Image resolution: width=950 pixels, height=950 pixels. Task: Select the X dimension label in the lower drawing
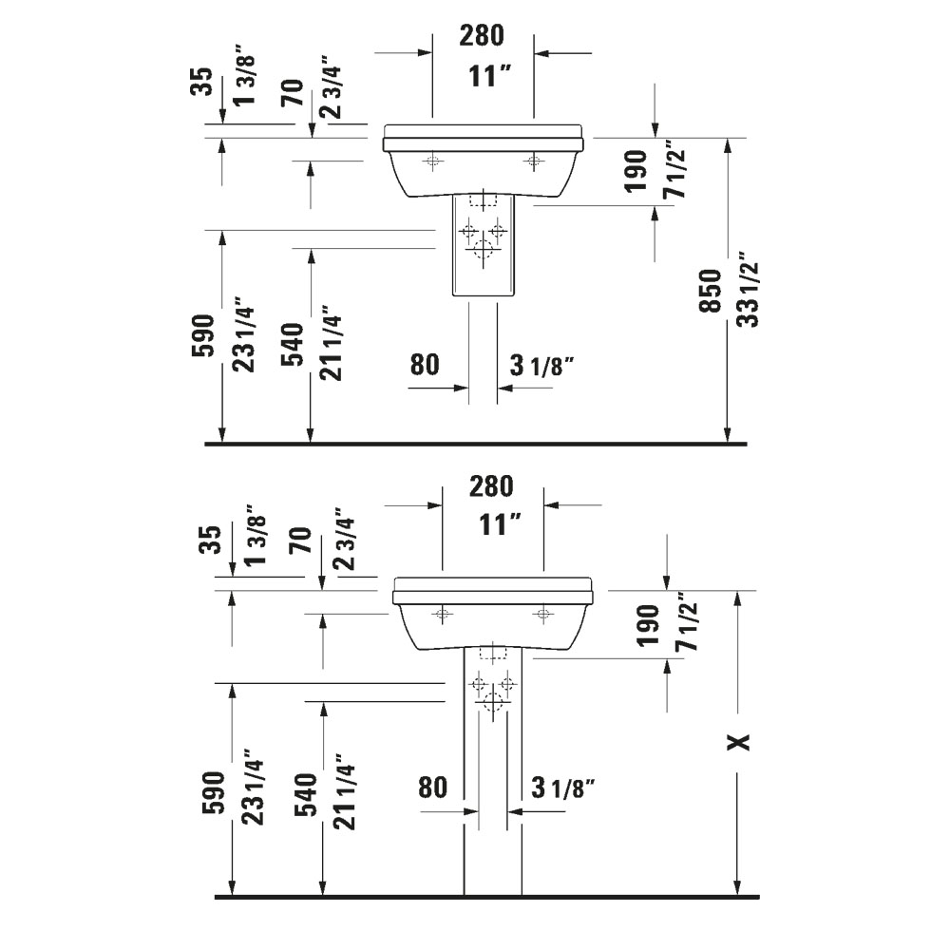(x=738, y=741)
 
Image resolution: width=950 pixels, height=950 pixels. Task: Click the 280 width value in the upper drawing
(x=482, y=37)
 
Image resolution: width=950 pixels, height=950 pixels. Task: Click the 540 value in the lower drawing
(x=307, y=796)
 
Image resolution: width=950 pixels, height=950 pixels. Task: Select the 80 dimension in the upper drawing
(x=425, y=364)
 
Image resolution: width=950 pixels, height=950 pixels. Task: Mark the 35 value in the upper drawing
(x=201, y=84)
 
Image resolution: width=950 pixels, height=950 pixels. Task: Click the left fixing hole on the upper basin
(x=433, y=161)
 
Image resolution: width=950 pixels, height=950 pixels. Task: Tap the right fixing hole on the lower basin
(x=542, y=614)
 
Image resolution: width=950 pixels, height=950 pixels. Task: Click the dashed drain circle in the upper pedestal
(x=484, y=251)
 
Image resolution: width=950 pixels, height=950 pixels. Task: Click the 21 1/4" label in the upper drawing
(x=329, y=343)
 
